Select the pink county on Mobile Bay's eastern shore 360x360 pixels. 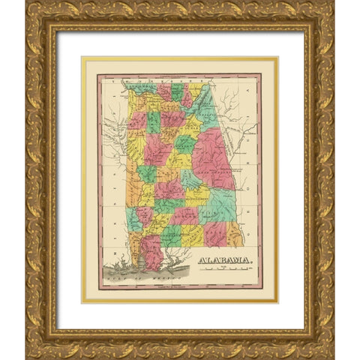click(154, 251)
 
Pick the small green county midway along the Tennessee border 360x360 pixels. click(177, 91)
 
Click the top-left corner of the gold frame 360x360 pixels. click(28, 4)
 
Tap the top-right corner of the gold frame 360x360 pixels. click(331, 4)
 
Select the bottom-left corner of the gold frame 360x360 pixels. click(28, 355)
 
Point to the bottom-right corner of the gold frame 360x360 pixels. click(331, 355)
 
